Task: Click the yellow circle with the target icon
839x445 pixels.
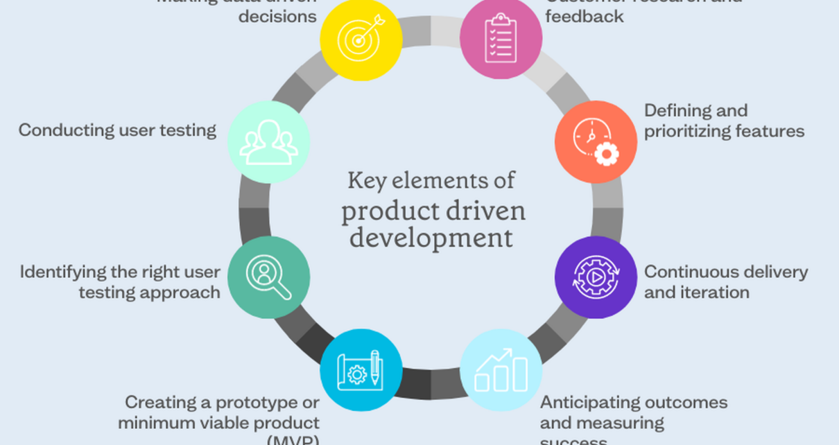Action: coord(361,39)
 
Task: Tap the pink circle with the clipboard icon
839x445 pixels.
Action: coord(501,39)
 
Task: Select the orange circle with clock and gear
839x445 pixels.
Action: coord(596,142)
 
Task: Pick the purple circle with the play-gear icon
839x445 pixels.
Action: coord(596,277)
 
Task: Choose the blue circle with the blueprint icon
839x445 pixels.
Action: coord(361,370)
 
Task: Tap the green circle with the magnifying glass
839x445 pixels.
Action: coord(268,277)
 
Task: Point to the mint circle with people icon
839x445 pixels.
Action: coord(268,142)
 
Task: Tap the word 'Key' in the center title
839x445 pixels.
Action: coord(365,181)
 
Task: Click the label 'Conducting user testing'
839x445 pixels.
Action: coord(117,130)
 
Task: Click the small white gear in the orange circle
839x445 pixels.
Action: coord(606,154)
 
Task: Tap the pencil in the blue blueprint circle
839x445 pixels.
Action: coord(375,367)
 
